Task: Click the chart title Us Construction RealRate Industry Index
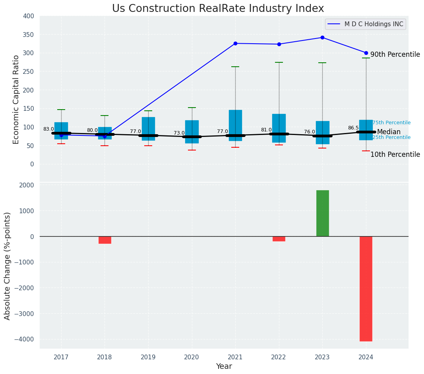218,9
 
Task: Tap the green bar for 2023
322,213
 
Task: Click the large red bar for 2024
366,289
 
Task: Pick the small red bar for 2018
105,240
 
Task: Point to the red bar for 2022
279,239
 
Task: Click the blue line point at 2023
322,38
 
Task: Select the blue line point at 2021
235,43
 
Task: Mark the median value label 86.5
353,128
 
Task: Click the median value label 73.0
179,133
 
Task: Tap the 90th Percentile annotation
395,54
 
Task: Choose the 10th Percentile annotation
395,154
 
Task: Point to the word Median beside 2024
389,132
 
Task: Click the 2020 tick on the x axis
192,357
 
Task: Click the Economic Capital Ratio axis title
16,100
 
